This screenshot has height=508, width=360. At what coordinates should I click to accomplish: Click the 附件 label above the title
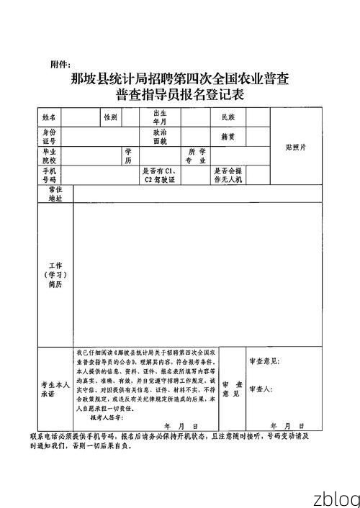[62, 65]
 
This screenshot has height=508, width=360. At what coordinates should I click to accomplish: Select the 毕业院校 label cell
[48, 156]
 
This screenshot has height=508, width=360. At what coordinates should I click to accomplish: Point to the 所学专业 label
[196, 156]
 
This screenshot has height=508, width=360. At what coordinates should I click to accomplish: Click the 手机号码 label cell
[48, 175]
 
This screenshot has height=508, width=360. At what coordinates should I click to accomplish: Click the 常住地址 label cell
[55, 193]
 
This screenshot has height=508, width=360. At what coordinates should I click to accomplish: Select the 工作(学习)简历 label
[55, 276]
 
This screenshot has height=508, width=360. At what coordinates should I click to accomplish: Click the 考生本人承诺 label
[55, 389]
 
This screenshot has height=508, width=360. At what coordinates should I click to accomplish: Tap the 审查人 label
[258, 389]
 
